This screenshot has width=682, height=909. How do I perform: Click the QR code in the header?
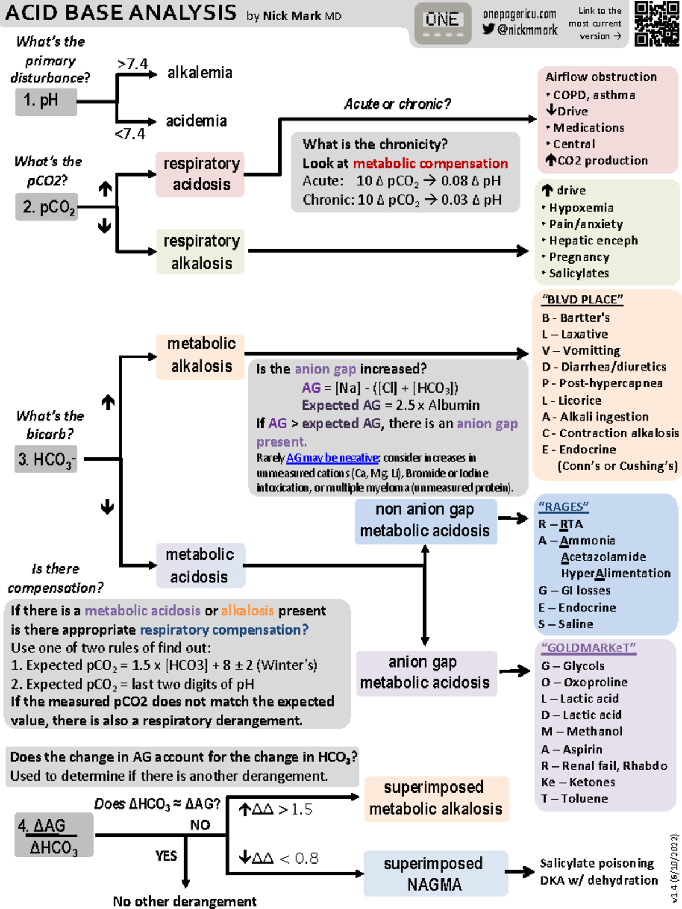coord(656,23)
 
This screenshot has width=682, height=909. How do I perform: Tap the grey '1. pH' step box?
coord(45,101)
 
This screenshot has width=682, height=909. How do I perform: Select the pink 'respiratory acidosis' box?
coord(201,174)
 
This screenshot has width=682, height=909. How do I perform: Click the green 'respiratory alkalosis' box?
coord(201,252)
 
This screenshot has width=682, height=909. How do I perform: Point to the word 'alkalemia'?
coord(199,73)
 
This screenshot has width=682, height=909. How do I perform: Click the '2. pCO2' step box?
coord(47,207)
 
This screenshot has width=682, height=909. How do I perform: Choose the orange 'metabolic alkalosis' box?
coord(201,355)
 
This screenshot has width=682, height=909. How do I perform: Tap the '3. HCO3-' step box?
coord(45,459)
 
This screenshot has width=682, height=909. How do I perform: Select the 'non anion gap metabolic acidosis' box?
coord(425,520)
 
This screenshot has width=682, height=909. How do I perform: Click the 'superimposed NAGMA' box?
coord(434,874)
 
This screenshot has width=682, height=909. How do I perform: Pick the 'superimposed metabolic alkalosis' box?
coord(435,798)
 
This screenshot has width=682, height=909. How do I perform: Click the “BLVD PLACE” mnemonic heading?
coord(583,299)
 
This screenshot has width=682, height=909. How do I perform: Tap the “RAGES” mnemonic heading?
coord(563,506)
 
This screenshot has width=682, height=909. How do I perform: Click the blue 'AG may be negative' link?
coord(332,458)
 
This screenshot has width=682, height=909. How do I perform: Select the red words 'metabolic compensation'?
coord(430,164)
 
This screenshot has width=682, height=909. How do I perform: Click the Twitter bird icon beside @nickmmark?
coord(488,29)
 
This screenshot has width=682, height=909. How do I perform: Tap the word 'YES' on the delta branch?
coord(166,856)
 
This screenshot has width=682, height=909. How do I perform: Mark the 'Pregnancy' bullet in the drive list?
coord(578,257)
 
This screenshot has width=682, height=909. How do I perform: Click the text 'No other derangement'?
coord(184,901)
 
